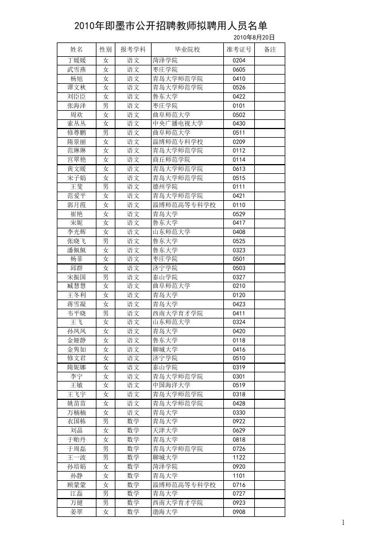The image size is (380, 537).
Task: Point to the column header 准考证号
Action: tap(239, 50)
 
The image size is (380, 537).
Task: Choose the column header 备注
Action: tap(270, 50)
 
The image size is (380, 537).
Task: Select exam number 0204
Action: tap(239, 60)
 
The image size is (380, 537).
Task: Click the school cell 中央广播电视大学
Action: tap(178, 123)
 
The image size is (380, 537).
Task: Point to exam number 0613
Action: tap(239, 169)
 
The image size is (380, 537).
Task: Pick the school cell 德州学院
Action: tap(165, 187)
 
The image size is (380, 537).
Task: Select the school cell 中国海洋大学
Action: tap(172, 386)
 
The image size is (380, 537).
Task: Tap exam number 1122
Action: tap(239, 458)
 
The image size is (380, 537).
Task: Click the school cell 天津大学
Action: tap(165, 430)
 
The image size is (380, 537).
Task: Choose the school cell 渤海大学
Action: tap(165, 512)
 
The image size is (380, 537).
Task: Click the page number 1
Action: tap(343, 523)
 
